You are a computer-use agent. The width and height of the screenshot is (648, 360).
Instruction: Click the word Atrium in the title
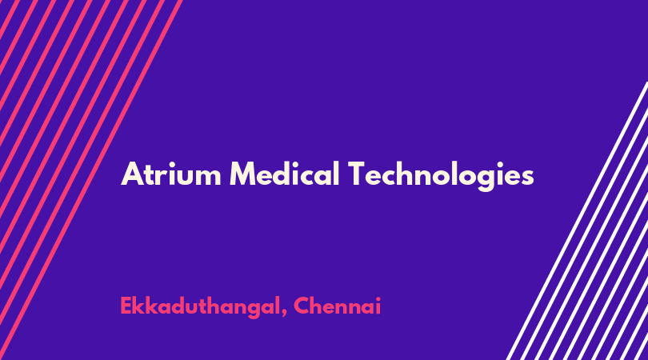pyautogui.click(x=171, y=174)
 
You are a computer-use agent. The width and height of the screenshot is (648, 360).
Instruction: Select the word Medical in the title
pyautogui.click(x=285, y=174)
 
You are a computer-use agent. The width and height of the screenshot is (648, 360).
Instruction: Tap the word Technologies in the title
pyautogui.click(x=441, y=176)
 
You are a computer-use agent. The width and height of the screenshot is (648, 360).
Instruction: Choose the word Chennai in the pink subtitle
pyautogui.click(x=338, y=306)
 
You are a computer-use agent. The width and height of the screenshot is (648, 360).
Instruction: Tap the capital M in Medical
pyautogui.click(x=243, y=174)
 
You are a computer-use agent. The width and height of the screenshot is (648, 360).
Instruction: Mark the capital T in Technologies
pyautogui.click(x=358, y=174)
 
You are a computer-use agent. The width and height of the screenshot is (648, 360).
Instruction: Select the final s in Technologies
pyautogui.click(x=526, y=178)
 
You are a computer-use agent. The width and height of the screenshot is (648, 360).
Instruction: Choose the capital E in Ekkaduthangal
pyautogui.click(x=126, y=306)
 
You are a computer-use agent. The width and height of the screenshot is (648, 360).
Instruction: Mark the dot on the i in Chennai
pyautogui.click(x=378, y=298)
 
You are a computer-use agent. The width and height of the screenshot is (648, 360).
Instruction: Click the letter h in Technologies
pyautogui.click(x=409, y=174)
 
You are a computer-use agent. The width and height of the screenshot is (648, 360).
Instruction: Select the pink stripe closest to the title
pyautogui.click(x=90, y=180)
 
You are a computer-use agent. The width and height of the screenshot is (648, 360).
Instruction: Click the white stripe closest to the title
pyautogui.click(x=577, y=221)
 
